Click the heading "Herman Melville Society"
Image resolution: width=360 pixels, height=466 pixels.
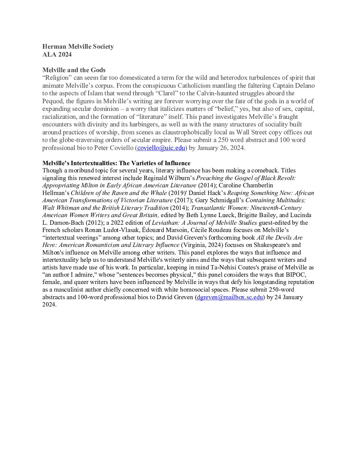pyautogui.click(x=78, y=47)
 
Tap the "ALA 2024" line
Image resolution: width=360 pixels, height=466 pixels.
pyautogui.click(x=57, y=55)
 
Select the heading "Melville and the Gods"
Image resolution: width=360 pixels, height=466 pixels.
pyautogui.click(x=74, y=70)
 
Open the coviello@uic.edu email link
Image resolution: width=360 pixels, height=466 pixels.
pyautogui.click(x=161, y=148)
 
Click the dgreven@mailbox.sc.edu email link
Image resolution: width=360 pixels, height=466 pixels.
pyautogui.click(x=230, y=297)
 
